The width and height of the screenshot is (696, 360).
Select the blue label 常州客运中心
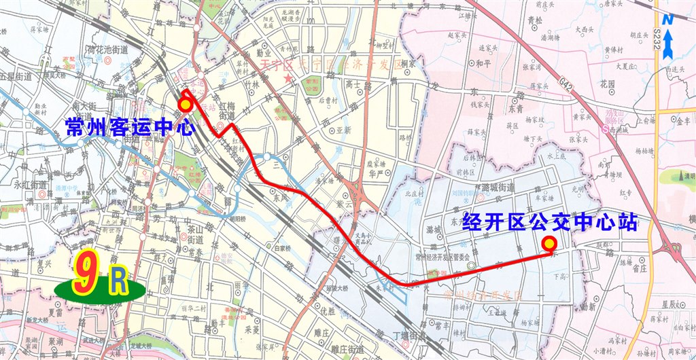(130, 127)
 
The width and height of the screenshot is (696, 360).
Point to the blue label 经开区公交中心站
(550, 222)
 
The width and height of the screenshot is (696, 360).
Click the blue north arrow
(669, 45)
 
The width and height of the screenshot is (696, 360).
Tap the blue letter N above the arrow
(669, 20)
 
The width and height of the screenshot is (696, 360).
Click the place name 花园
(607, 84)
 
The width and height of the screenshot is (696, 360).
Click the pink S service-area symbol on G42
(604, 127)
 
